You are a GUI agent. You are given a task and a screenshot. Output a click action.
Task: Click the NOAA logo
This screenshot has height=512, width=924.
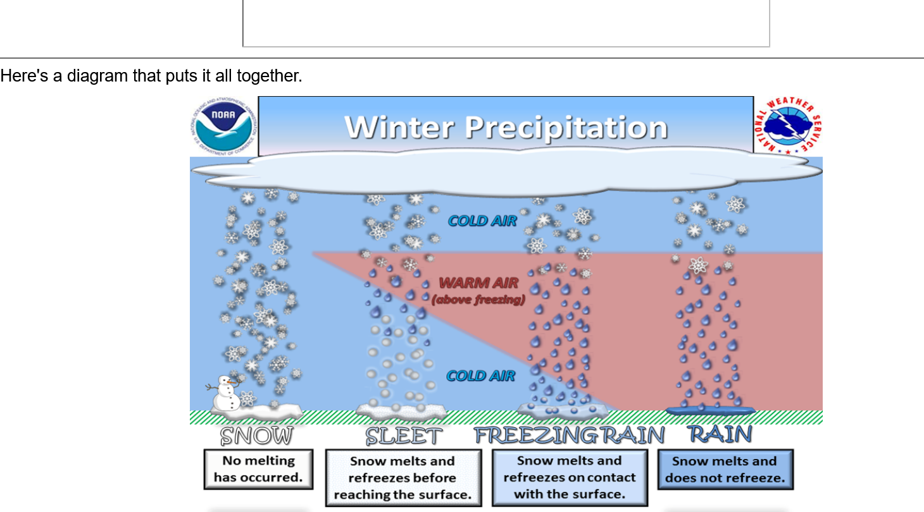click(223, 126)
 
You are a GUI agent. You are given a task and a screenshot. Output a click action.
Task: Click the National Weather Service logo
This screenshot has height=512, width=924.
click(788, 126)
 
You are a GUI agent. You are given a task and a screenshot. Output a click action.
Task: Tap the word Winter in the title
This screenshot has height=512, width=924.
click(399, 127)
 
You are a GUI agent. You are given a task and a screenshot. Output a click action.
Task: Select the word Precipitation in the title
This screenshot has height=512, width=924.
click(566, 128)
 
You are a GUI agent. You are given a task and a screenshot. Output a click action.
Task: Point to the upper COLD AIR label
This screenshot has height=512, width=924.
click(482, 221)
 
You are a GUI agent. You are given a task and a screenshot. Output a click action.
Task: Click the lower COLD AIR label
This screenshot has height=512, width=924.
click(480, 375)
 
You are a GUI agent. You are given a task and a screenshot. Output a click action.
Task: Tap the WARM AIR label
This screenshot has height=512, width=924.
click(478, 283)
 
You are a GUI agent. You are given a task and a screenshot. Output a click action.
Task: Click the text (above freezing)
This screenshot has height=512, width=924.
click(478, 300)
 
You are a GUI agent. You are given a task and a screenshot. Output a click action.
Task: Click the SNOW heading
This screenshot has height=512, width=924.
click(256, 436)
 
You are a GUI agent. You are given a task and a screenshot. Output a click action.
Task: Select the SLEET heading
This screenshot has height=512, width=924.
click(403, 436)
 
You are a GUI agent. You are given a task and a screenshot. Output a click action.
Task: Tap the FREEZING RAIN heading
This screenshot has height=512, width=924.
click(569, 436)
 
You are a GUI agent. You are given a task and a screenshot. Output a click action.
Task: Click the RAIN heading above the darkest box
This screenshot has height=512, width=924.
click(720, 434)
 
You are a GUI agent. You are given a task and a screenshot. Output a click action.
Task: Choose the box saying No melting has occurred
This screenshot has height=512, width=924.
click(259, 469)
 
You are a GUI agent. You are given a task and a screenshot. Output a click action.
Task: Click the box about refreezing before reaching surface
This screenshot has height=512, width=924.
click(403, 478)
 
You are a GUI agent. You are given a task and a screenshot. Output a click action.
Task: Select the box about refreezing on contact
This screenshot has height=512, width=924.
click(570, 478)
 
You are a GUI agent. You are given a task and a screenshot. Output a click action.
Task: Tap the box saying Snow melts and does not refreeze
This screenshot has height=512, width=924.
click(725, 470)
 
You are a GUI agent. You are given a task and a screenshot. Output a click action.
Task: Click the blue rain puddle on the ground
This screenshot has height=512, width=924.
click(710, 410)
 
